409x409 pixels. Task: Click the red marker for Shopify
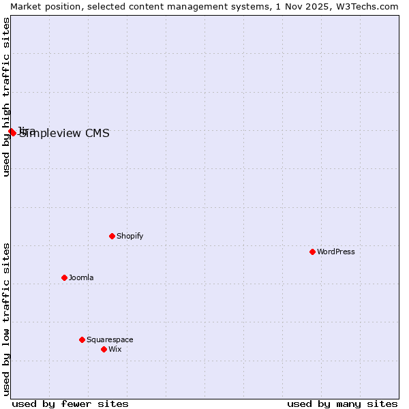[x=112, y=236]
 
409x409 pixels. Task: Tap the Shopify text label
[x=130, y=237]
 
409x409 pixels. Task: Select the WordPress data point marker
[x=312, y=252]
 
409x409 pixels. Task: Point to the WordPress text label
[x=335, y=252]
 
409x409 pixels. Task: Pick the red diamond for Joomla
[x=64, y=277]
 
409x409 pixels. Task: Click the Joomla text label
[x=81, y=278]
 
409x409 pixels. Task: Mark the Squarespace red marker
[x=82, y=339]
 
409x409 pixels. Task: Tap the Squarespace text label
[x=110, y=340]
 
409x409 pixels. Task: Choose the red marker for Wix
[x=104, y=349]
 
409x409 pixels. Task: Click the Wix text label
[x=115, y=350]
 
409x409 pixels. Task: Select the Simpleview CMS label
[x=64, y=134]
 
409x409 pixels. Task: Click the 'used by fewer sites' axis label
[x=70, y=404]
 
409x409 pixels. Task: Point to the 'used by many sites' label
[x=342, y=404]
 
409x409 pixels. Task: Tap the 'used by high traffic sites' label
[x=6, y=97]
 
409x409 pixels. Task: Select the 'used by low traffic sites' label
[x=6, y=318]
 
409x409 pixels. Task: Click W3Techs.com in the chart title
[x=367, y=6]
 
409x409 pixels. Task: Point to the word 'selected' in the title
[x=100, y=6]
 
